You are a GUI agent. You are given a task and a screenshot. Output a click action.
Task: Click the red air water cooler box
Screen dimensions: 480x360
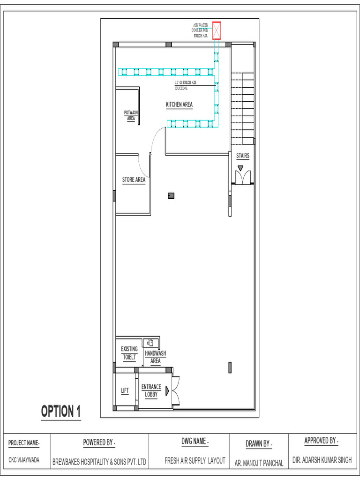[x=217, y=31]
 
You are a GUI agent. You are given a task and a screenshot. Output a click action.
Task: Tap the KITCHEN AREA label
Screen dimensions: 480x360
[x=179, y=105]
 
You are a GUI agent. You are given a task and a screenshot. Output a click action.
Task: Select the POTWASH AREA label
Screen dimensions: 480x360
[x=131, y=115]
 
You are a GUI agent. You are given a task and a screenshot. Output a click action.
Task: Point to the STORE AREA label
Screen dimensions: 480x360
[x=134, y=180]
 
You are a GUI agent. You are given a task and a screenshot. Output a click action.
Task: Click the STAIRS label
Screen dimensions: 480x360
[x=242, y=156]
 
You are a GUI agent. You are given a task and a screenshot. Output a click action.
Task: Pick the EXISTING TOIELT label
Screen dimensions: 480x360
[x=129, y=353]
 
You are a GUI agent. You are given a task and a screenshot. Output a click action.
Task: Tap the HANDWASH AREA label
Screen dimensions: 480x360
[x=155, y=357]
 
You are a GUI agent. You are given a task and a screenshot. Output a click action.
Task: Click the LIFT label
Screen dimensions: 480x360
[x=125, y=390]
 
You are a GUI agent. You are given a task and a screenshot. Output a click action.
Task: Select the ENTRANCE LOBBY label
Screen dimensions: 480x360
[x=151, y=390]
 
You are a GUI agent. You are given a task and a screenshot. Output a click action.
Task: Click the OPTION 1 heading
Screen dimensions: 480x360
[x=61, y=412]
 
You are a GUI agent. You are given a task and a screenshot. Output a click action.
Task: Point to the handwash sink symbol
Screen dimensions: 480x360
[x=150, y=343]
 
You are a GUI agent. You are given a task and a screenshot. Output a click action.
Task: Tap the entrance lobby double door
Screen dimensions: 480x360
[x=176, y=390]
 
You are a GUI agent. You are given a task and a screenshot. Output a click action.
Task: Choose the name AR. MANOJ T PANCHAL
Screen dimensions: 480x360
[x=259, y=463]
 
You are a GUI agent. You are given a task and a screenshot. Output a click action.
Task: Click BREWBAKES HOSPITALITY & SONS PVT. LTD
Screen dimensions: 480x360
[x=100, y=462]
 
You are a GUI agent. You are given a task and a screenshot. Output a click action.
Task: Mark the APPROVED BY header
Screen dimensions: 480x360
[x=321, y=441]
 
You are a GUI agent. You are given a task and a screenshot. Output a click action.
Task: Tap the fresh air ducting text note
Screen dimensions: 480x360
[x=185, y=85]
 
